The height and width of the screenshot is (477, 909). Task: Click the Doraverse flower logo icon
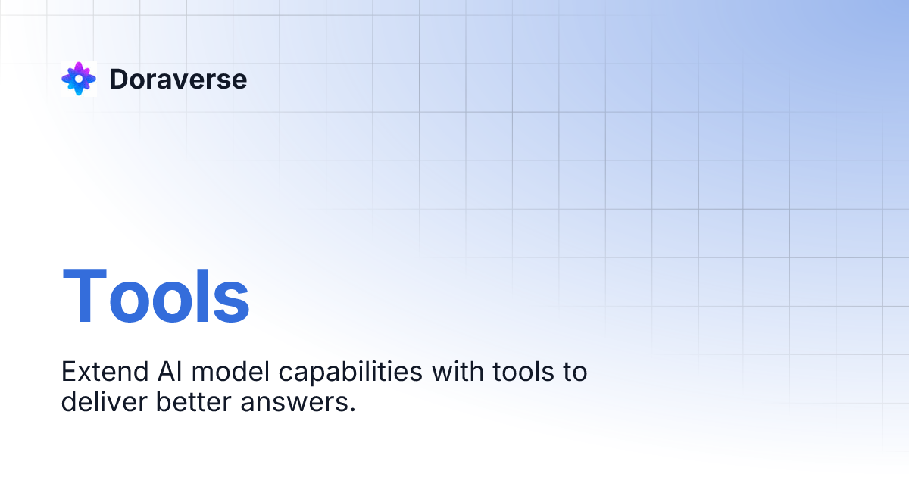coord(79,79)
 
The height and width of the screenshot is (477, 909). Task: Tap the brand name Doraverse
coord(178,79)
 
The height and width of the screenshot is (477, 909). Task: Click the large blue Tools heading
coord(155,296)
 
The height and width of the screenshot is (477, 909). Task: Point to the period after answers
coord(352,410)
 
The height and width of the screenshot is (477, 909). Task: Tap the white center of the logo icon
coord(79,79)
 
